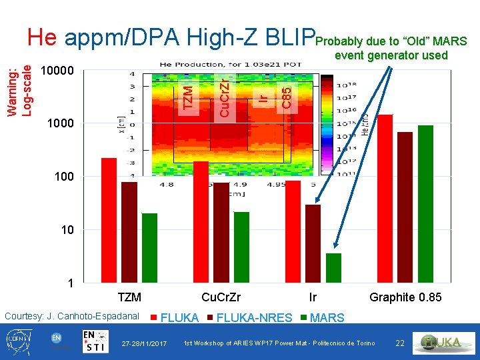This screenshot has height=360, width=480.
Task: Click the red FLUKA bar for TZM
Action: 109,220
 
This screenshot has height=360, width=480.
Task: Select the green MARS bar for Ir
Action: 333,267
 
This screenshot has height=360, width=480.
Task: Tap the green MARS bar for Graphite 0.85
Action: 425,203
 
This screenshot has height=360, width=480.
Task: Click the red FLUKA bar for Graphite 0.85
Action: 385,198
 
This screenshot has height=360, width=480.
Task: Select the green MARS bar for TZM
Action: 150,247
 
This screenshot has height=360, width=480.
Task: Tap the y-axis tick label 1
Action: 71,283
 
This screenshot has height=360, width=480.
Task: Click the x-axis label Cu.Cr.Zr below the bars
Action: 221,297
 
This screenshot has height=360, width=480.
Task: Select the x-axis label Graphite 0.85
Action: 405,297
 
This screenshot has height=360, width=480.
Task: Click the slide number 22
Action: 400,343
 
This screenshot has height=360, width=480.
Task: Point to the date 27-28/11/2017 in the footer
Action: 145,343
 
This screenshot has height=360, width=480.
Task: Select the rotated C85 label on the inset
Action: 286,97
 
